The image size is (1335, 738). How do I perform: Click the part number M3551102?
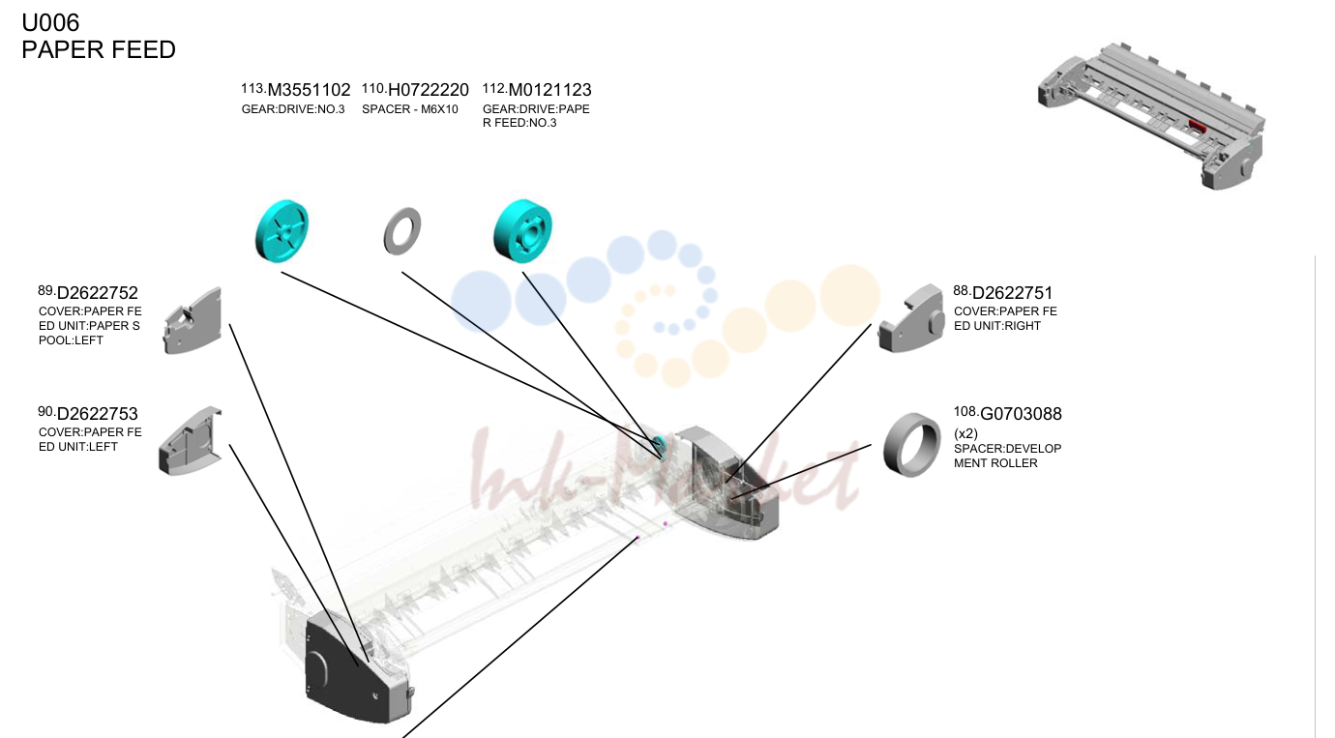pos(309,90)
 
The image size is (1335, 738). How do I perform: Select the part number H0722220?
pos(428,90)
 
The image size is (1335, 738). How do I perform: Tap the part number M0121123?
pos(549,90)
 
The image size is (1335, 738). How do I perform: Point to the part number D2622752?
pos(97,293)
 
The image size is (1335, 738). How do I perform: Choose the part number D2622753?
pos(97,414)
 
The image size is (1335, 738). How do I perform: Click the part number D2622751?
pos(1012,293)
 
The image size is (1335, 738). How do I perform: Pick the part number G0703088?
pos(1021,414)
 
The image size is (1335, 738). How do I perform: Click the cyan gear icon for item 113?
pos(282,231)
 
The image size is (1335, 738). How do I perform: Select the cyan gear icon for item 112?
pos(522,231)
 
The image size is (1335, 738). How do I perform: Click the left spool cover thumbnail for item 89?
pos(193,321)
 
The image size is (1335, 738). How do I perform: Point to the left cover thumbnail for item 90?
pos(190,441)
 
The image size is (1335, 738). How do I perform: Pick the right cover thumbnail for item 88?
pos(910,318)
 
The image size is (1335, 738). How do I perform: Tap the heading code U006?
pos(50,22)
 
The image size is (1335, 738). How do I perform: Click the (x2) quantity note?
pos(965,433)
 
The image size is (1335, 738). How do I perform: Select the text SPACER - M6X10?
pos(410,109)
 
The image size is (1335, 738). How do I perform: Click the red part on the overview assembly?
pos(1197,126)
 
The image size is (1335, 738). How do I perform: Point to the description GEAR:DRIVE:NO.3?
pos(293,109)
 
